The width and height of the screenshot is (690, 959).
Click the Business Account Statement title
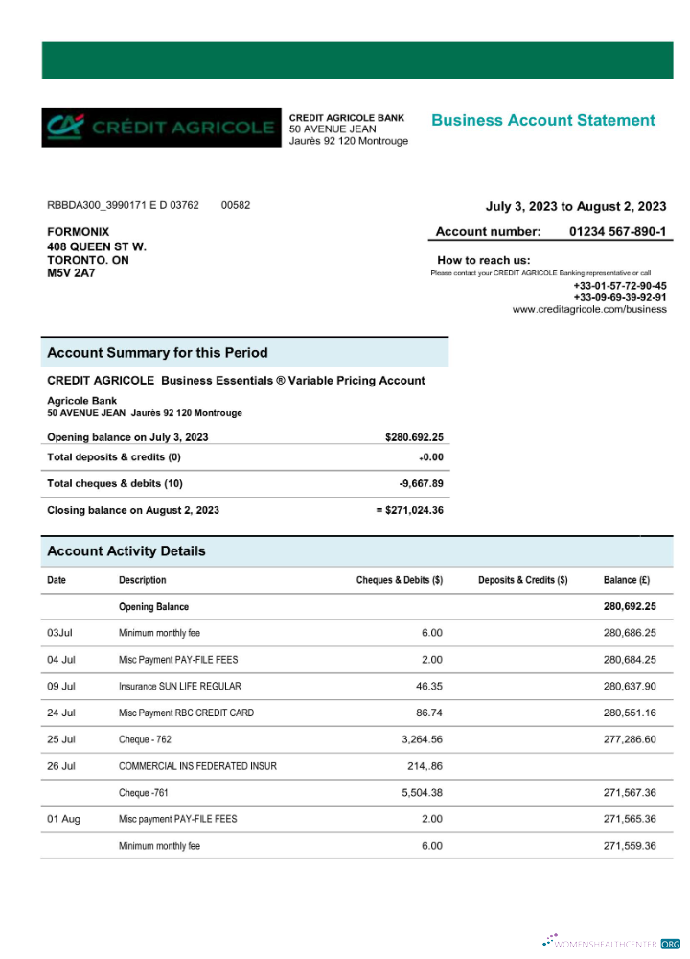[542, 120]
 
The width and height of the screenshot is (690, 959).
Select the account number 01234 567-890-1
[617, 231]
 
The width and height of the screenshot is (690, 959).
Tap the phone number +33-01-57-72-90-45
[620, 286]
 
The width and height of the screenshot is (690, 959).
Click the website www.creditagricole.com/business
[589, 310]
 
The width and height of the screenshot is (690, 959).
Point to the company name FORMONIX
[79, 232]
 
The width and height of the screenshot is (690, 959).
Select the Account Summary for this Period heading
[157, 353]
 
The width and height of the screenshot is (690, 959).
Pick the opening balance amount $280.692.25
[414, 437]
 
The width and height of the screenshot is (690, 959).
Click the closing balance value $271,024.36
[410, 510]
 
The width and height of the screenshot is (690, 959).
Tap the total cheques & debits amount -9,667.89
[421, 483]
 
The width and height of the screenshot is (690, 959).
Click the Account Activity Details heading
[126, 551]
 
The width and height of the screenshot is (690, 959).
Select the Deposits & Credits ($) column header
[522, 580]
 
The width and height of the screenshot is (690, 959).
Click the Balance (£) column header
[627, 580]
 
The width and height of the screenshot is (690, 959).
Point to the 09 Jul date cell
[61, 687]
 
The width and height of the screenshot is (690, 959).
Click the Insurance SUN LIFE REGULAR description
[179, 687]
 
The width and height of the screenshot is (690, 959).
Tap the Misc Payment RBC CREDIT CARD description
[186, 713]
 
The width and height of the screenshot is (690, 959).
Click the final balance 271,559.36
[629, 846]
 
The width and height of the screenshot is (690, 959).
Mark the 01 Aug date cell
[63, 819]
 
